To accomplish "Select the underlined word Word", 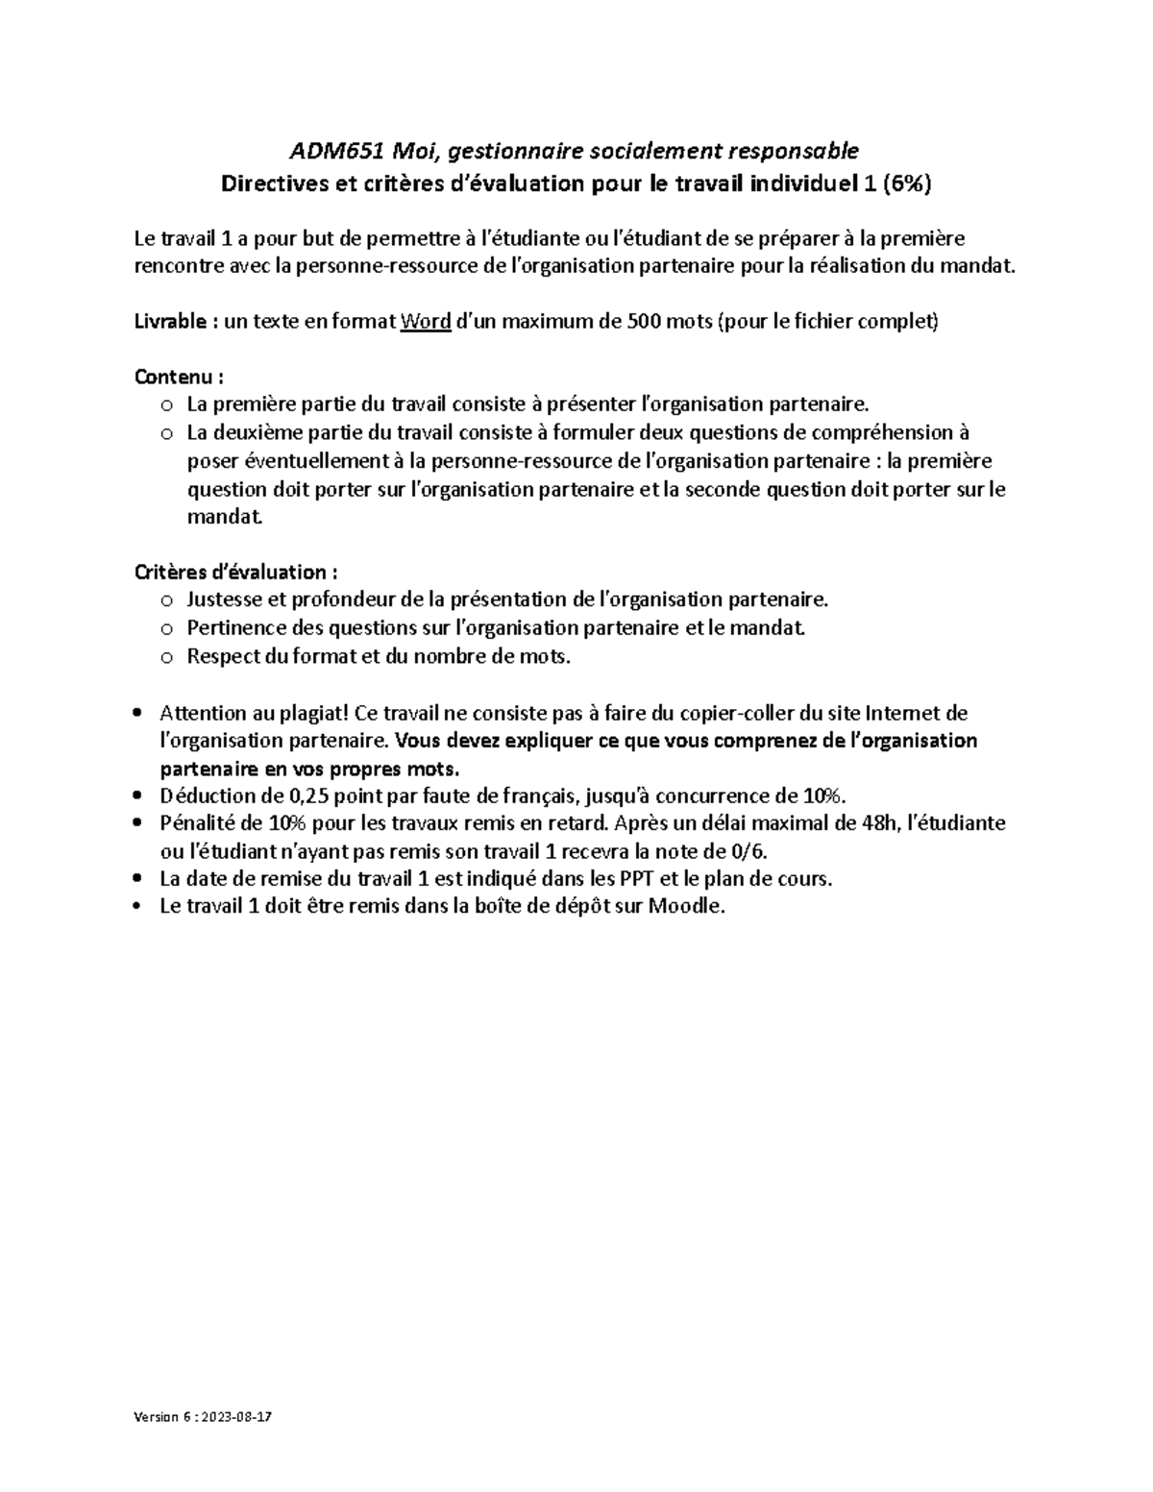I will click(x=426, y=322).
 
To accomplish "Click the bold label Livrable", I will click(x=169, y=322).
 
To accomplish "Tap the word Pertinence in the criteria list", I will click(x=232, y=629).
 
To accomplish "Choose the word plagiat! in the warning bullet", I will click(x=315, y=714).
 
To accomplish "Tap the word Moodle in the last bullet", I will click(x=686, y=907).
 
